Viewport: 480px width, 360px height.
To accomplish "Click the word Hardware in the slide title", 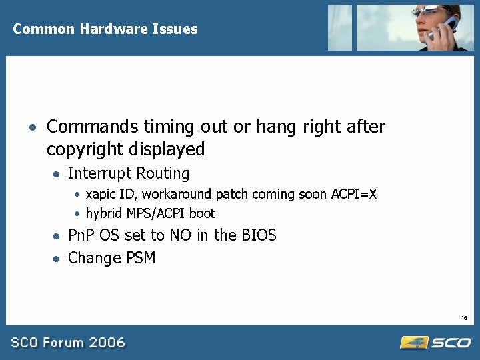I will pos(108,29).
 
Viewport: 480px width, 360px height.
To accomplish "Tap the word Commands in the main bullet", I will pos(93,127).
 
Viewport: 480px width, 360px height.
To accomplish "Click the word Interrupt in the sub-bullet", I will pos(99,174).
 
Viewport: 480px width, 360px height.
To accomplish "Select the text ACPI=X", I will pos(354,194).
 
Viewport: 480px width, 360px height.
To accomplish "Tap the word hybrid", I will pos(103,214).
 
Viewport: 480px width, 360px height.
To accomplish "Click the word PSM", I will pos(139,258).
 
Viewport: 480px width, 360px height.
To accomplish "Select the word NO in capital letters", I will pos(179,235).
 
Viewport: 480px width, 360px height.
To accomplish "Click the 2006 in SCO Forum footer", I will pos(108,343).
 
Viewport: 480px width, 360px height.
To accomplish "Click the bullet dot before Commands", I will pos(32,127).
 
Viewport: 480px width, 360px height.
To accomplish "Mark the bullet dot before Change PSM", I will pos(58,259).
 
